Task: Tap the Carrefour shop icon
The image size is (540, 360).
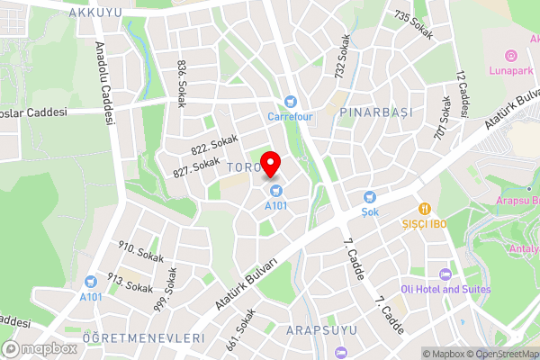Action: [290, 102]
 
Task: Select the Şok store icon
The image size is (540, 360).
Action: [369, 197]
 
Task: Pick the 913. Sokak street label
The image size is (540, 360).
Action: [128, 282]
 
